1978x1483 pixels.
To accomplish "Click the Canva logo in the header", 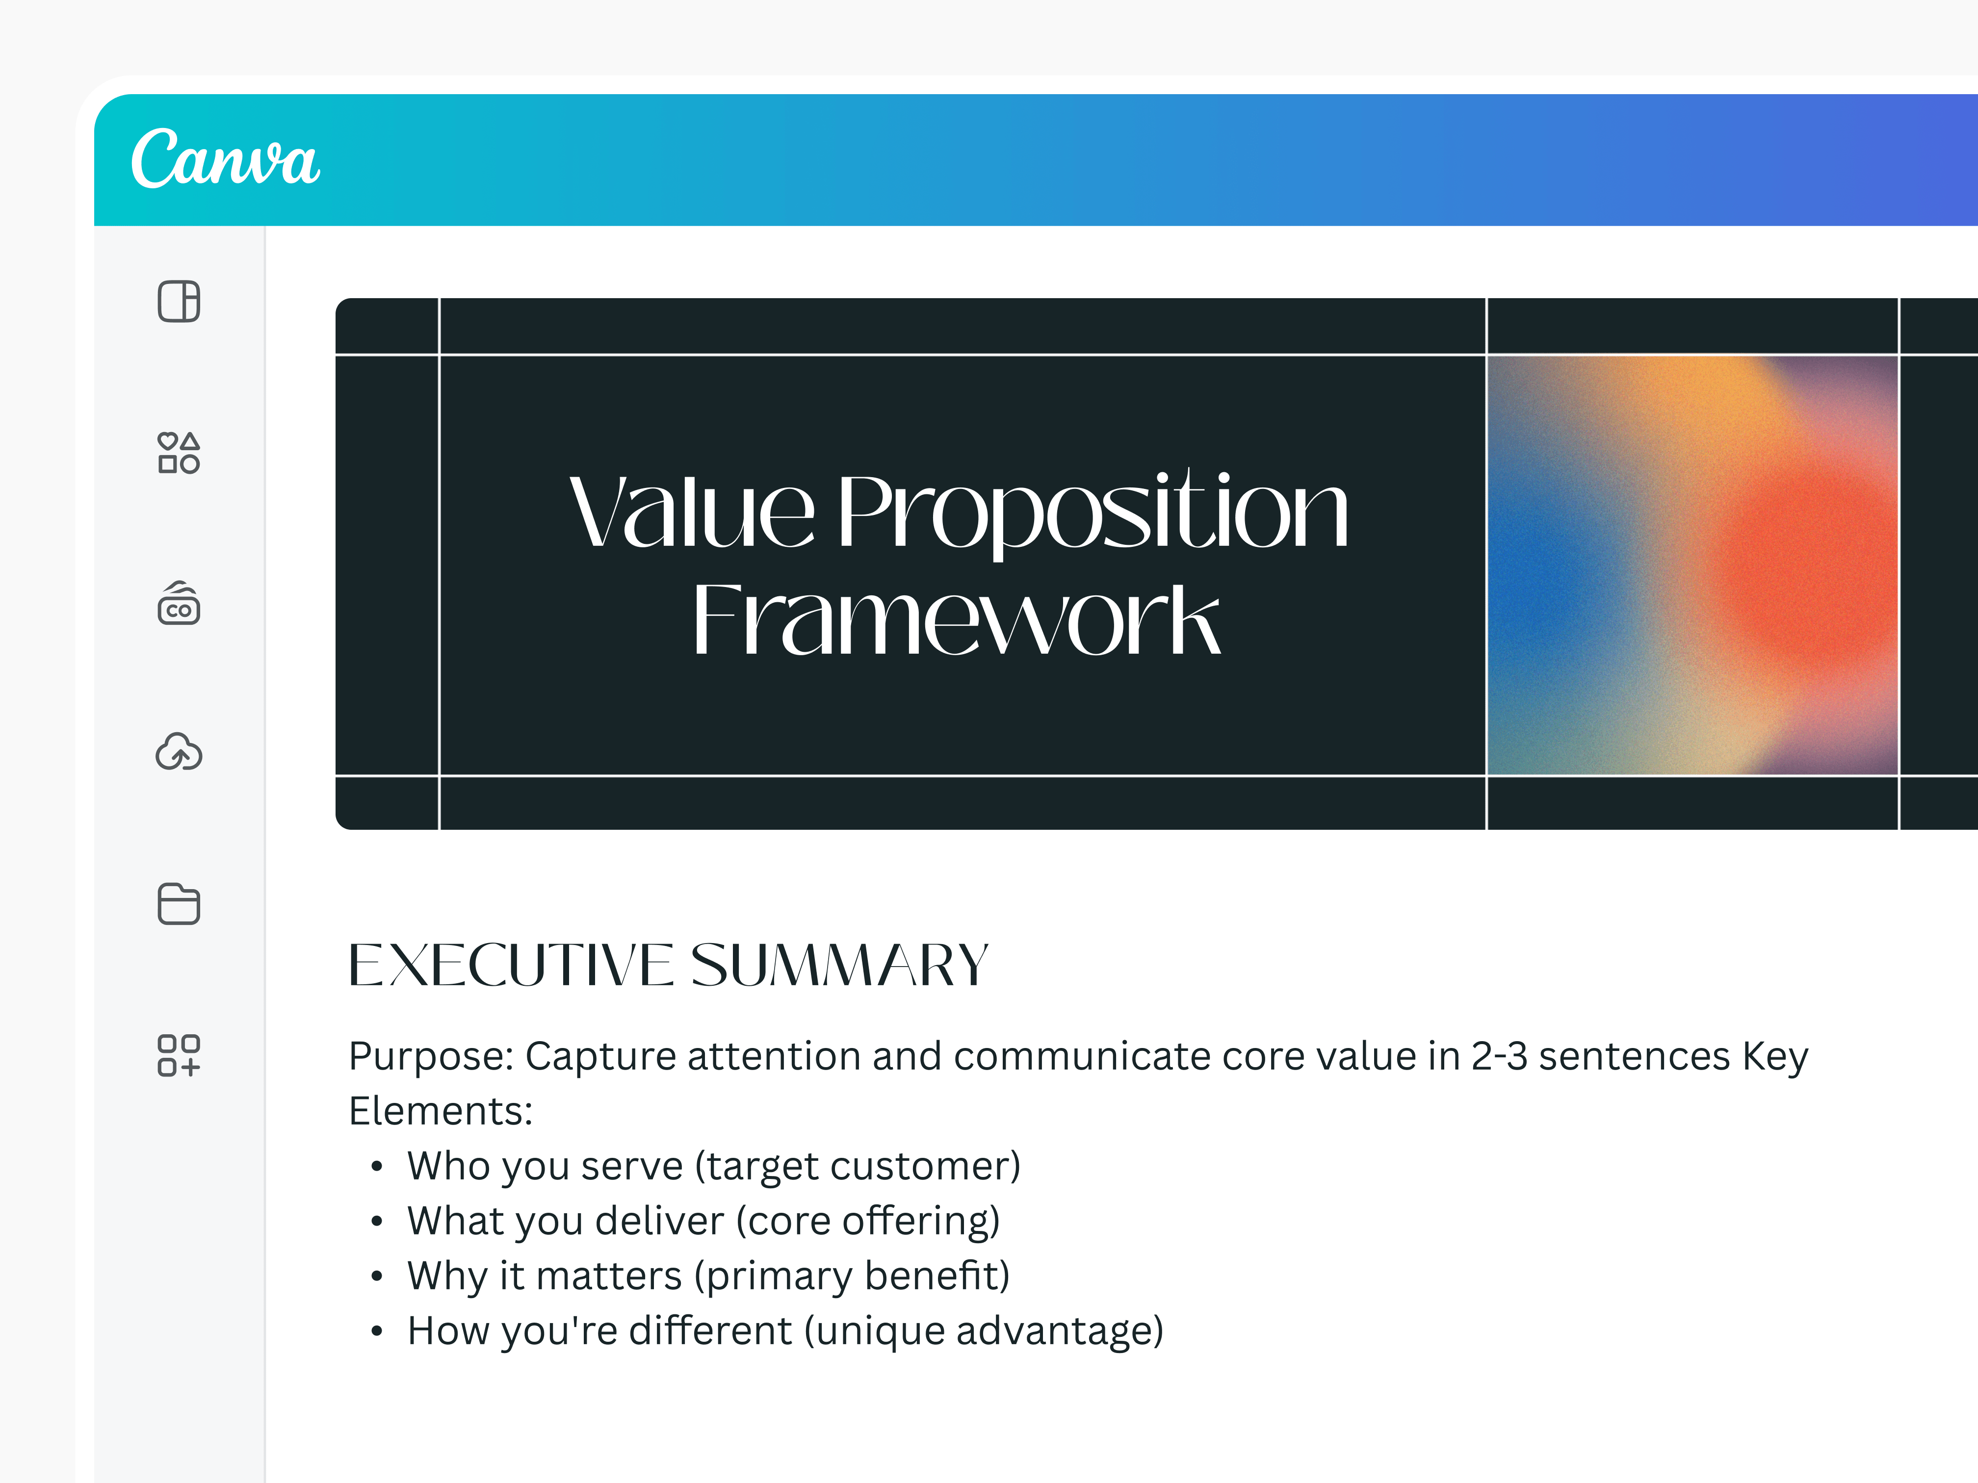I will (225, 158).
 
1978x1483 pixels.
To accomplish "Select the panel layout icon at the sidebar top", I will (179, 301).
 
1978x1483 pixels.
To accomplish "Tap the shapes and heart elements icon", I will (179, 452).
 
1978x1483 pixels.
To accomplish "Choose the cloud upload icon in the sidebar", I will (179, 753).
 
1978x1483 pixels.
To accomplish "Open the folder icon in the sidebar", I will (179, 904).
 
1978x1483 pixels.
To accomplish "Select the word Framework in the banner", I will (955, 619).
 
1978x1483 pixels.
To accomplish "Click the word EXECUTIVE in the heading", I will (510, 966).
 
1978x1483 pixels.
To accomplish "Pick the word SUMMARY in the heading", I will (839, 966).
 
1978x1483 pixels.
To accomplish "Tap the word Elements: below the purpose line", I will (440, 1111).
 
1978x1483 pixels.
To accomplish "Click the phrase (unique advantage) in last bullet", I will (984, 1331).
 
